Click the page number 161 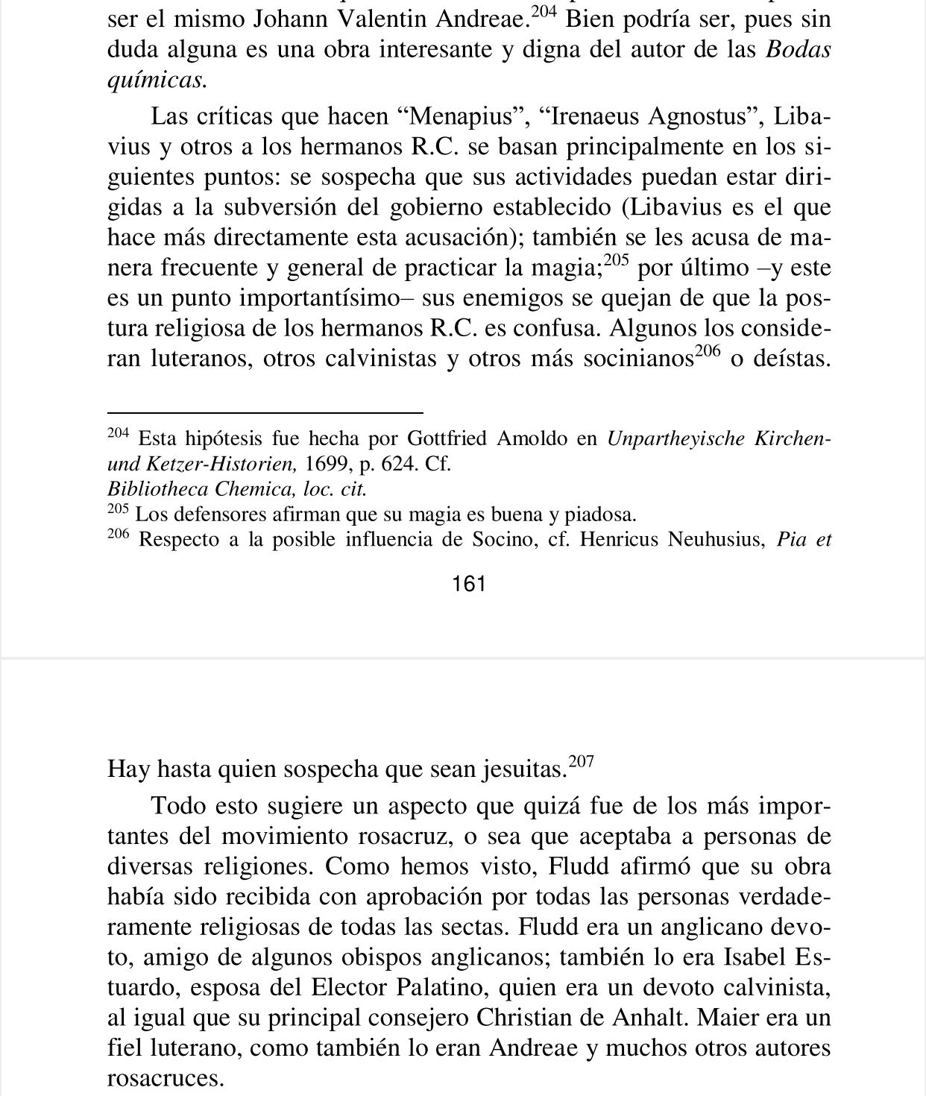point(469,584)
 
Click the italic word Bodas point(798,50)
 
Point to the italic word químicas point(156,81)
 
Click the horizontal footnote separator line point(265,412)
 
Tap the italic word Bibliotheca point(159,489)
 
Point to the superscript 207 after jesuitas point(582,762)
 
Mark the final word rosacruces point(166,1079)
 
